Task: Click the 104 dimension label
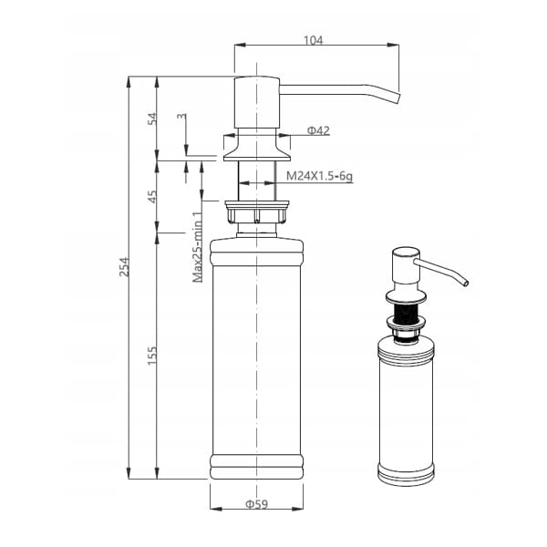313,40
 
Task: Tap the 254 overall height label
124,267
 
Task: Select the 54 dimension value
152,119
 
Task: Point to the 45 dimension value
152,197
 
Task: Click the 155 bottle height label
152,356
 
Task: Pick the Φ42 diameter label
318,130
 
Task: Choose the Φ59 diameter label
257,504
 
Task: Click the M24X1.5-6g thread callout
319,176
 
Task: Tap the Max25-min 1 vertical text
198,247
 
